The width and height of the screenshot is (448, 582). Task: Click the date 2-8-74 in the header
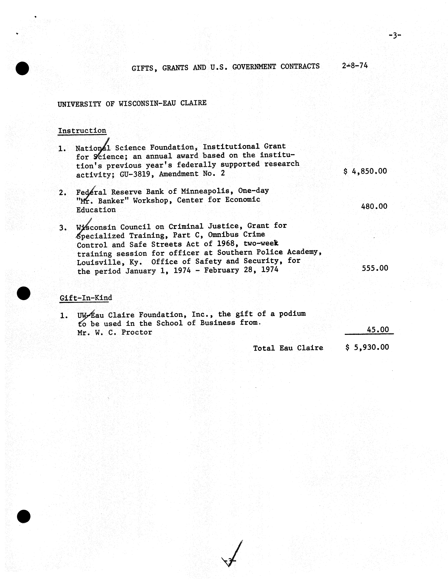pos(355,66)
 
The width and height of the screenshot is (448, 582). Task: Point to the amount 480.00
pos(374,206)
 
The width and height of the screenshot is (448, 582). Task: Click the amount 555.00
pos(375,268)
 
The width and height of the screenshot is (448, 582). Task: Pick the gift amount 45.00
pos(378,330)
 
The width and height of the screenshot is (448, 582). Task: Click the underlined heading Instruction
pos(82,131)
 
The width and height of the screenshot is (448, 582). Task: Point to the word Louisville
pos(99,262)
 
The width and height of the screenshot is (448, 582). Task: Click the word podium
pos(292,314)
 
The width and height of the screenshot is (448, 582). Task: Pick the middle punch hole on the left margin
pos(24,293)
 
